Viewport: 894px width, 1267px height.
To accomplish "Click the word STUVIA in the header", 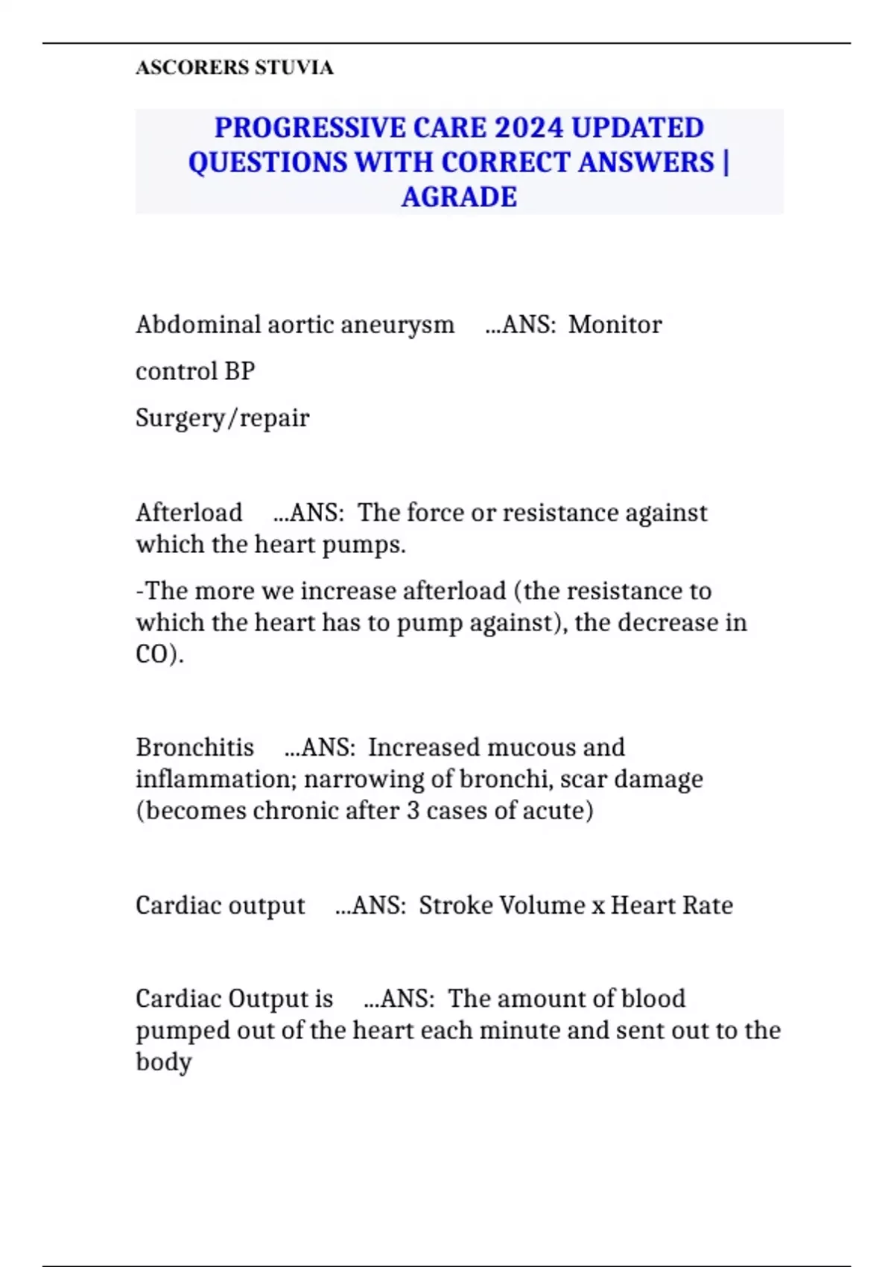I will coord(294,68).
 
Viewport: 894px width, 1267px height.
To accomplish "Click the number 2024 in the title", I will coord(528,127).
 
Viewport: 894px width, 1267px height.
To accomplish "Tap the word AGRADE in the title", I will coord(459,198).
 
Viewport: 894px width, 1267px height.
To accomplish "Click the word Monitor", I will coord(615,325).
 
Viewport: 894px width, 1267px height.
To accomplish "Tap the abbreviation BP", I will coord(240,371).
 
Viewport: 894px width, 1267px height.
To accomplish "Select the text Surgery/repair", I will coord(222,418).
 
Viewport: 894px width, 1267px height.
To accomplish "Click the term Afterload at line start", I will coord(189,513).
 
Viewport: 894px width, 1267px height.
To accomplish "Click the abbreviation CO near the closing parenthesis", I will coord(151,654).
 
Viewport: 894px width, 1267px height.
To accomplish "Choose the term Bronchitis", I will coord(194,748).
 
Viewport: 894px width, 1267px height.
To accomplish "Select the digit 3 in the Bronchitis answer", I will coord(413,811).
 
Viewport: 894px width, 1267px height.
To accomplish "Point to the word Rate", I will coord(708,906).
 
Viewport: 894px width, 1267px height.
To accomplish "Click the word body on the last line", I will coord(164,1062).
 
